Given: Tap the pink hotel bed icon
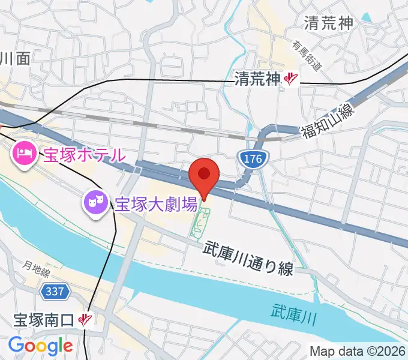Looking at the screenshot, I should click(25, 154).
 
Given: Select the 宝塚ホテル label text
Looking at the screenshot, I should click(83, 154).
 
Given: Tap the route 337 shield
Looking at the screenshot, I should click(56, 292).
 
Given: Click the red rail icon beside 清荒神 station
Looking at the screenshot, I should click(292, 78).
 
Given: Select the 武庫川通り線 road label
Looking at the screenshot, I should click(248, 258).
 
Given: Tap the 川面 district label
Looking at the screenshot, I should click(14, 58).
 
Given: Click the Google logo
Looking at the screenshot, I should click(40, 346).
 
